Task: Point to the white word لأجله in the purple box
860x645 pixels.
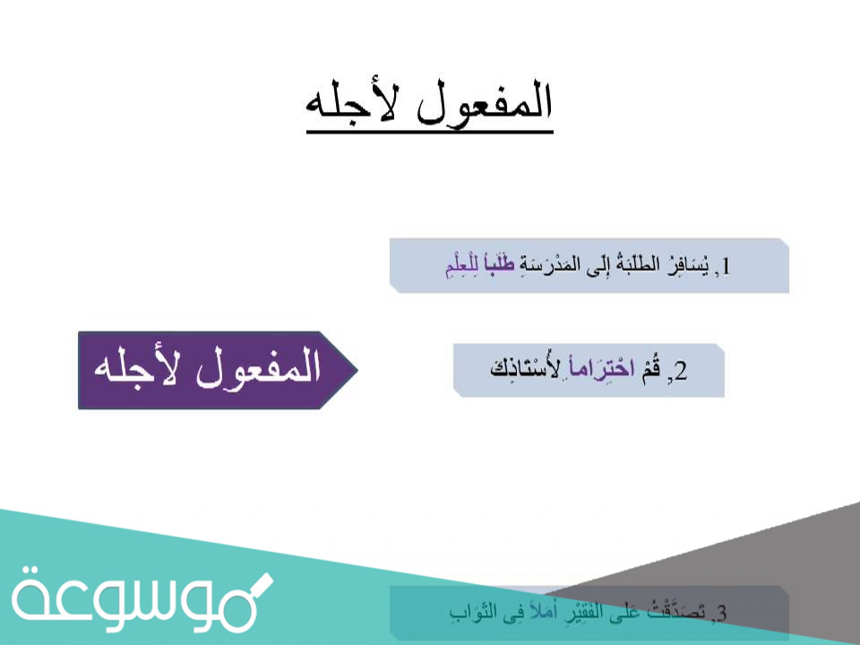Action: point(133,369)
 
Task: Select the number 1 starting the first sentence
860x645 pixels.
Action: point(726,266)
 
